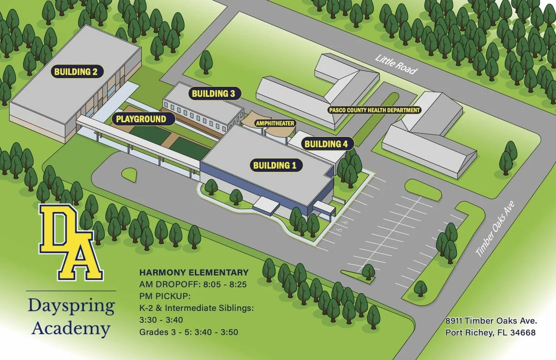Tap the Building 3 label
pyautogui.click(x=213, y=94)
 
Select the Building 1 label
pyautogui.click(x=274, y=165)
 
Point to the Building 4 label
pyautogui.click(x=326, y=144)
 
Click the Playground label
pyautogui.click(x=141, y=119)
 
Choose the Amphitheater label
pyautogui.click(x=275, y=123)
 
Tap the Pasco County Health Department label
pyautogui.click(x=375, y=110)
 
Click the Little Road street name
pyautogui.click(x=396, y=64)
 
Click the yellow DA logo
pyautogui.click(x=71, y=242)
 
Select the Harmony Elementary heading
pyautogui.click(x=194, y=273)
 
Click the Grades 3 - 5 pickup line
pyautogui.click(x=189, y=332)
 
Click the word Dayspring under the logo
pyautogui.click(x=71, y=306)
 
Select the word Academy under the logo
pyautogui.click(x=71, y=328)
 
